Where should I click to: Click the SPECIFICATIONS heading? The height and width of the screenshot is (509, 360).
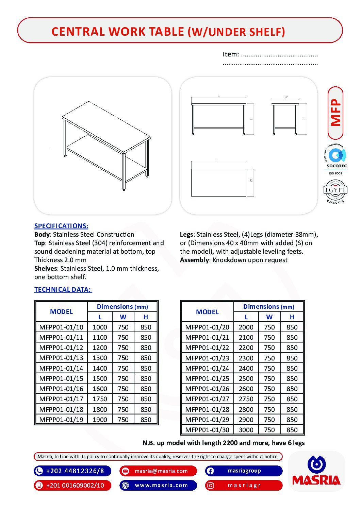(61, 226)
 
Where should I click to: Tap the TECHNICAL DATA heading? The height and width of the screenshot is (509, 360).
(63, 289)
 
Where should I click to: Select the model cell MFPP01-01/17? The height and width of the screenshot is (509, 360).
(61, 399)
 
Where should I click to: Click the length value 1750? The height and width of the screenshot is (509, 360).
(100, 399)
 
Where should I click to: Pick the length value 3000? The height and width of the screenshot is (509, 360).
(246, 430)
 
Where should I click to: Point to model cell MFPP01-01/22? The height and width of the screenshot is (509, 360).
(207, 347)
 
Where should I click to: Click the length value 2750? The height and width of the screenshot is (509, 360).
(246, 399)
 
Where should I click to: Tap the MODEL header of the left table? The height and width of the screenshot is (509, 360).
(61, 311)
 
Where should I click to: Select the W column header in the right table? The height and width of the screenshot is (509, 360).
(269, 317)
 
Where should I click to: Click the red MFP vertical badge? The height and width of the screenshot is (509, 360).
(336, 113)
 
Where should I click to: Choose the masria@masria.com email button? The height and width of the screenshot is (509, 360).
(158, 471)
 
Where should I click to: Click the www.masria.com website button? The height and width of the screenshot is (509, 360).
(158, 485)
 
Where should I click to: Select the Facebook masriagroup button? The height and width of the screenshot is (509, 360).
(244, 471)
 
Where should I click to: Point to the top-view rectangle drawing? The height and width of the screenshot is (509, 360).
(218, 183)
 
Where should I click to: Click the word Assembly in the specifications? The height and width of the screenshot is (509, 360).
(194, 260)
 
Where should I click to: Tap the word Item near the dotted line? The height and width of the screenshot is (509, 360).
(230, 54)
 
